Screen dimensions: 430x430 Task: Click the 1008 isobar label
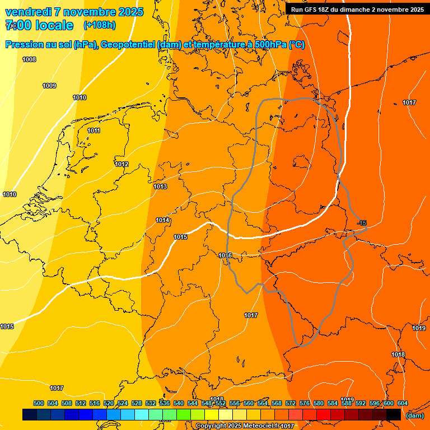pos(29,59)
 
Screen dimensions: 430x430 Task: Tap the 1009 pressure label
pos(49,86)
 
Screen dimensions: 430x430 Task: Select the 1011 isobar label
pos(94,130)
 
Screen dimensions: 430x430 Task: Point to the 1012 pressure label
pos(121,164)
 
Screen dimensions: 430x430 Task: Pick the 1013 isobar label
pos(160,186)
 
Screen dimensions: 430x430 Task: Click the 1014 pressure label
pos(162,220)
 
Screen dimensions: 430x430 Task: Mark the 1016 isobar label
pos(225,255)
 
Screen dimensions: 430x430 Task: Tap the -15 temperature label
pos(362,223)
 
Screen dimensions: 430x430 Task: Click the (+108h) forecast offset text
pos(99,25)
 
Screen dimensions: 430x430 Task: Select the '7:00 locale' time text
pos(39,25)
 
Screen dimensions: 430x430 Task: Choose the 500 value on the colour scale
pos(39,403)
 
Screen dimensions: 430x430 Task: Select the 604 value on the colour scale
pos(402,403)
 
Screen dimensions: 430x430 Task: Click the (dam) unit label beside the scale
pos(415,415)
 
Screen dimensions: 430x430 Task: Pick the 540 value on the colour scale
pos(179,403)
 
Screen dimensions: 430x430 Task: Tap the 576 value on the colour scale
pos(305,403)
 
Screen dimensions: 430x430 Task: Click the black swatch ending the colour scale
pos(394,414)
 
